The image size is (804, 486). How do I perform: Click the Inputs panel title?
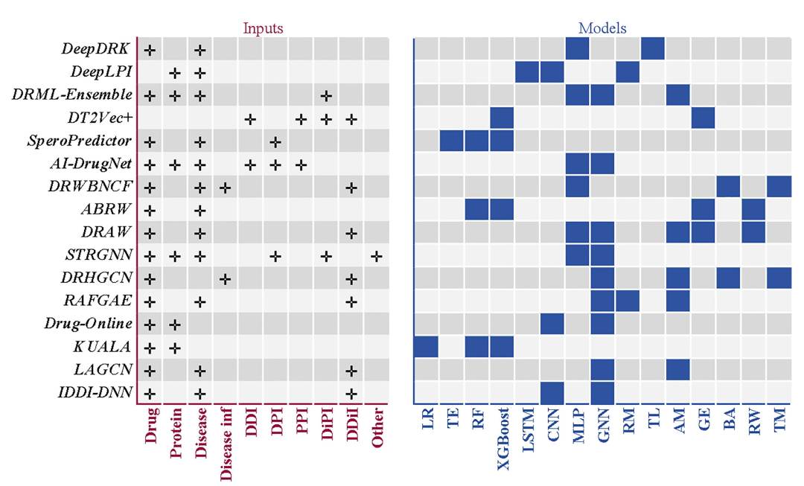pyautogui.click(x=263, y=28)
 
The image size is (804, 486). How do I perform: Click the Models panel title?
pyautogui.click(x=602, y=28)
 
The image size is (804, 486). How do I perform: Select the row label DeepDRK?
pyautogui.click(x=95, y=50)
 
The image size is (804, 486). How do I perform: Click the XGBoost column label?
pyautogui.click(x=502, y=437)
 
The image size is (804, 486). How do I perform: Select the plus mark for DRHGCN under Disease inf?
pyautogui.click(x=225, y=279)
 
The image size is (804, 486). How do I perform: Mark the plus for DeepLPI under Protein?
pyautogui.click(x=175, y=73)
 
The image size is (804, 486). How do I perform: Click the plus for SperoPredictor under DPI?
pyautogui.click(x=275, y=141)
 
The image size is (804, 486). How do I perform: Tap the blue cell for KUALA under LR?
pyautogui.click(x=427, y=348)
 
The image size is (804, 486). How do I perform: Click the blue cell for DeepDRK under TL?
pyautogui.click(x=653, y=49)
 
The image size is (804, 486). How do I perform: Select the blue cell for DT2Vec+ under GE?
pyautogui.click(x=703, y=118)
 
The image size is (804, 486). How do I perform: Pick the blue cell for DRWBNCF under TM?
pyautogui.click(x=779, y=187)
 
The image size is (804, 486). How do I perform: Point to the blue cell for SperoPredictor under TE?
pyautogui.click(x=452, y=141)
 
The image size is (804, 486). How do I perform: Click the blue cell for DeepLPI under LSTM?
pyautogui.click(x=527, y=72)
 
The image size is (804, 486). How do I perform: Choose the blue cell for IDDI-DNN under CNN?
pyautogui.click(x=552, y=393)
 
